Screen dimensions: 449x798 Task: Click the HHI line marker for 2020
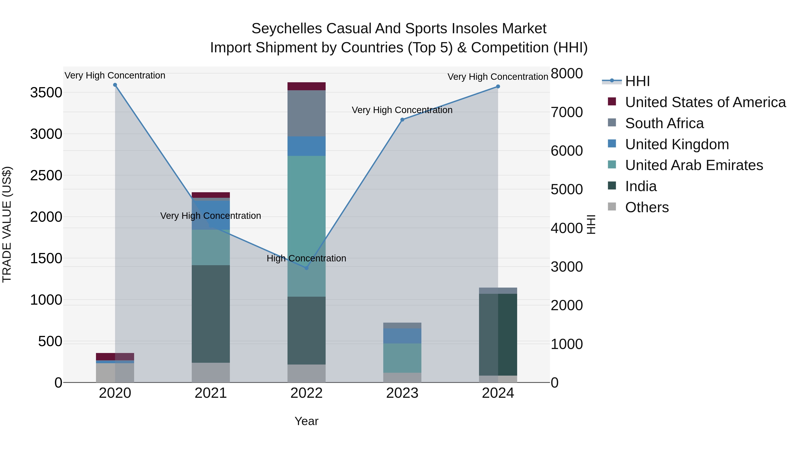[x=115, y=85]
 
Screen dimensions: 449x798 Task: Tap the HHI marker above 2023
[x=402, y=120]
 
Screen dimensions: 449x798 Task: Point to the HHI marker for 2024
[x=498, y=86]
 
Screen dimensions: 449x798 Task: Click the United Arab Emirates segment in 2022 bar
[x=306, y=226]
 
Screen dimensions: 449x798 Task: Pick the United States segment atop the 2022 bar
[x=306, y=86]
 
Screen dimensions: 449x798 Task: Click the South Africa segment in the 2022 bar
[x=306, y=113]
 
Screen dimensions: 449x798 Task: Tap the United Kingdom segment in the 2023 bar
[x=402, y=336]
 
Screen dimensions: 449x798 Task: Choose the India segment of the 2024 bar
[x=498, y=335]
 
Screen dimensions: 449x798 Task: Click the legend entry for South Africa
[x=664, y=123]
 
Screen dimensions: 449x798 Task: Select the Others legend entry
[x=647, y=207]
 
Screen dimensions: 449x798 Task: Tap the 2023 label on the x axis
[x=402, y=393]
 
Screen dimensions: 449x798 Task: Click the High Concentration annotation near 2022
[x=306, y=259]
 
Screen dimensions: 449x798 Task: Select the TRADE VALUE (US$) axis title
[x=7, y=224]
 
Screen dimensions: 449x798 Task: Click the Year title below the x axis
[x=306, y=421]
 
